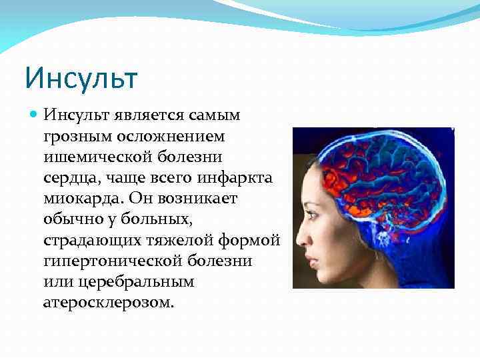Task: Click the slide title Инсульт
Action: coord(81,77)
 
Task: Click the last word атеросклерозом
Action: coord(108,303)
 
